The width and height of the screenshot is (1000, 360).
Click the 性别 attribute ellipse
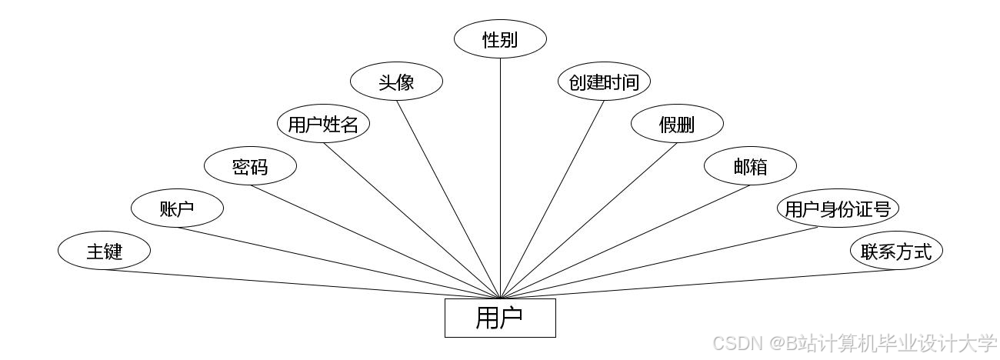click(x=500, y=39)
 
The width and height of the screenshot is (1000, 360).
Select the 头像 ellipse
click(x=396, y=82)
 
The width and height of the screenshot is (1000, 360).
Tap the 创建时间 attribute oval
click(x=604, y=82)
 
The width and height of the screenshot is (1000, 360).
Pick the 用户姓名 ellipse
click(x=323, y=124)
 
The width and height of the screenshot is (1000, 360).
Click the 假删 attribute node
click(x=677, y=124)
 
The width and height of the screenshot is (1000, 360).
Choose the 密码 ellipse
click(x=250, y=166)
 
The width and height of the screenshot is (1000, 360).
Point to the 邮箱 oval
click(x=750, y=166)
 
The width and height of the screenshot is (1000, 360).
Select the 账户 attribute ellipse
click(x=177, y=208)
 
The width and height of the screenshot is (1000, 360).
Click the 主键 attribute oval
click(x=104, y=251)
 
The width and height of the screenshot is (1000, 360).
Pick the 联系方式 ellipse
click(x=896, y=251)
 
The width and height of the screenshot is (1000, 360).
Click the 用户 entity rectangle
click(x=500, y=318)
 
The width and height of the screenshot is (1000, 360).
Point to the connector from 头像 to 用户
click(x=448, y=199)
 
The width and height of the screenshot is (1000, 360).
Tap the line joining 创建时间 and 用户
click(x=552, y=199)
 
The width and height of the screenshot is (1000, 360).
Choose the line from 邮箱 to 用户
click(x=625, y=241)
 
